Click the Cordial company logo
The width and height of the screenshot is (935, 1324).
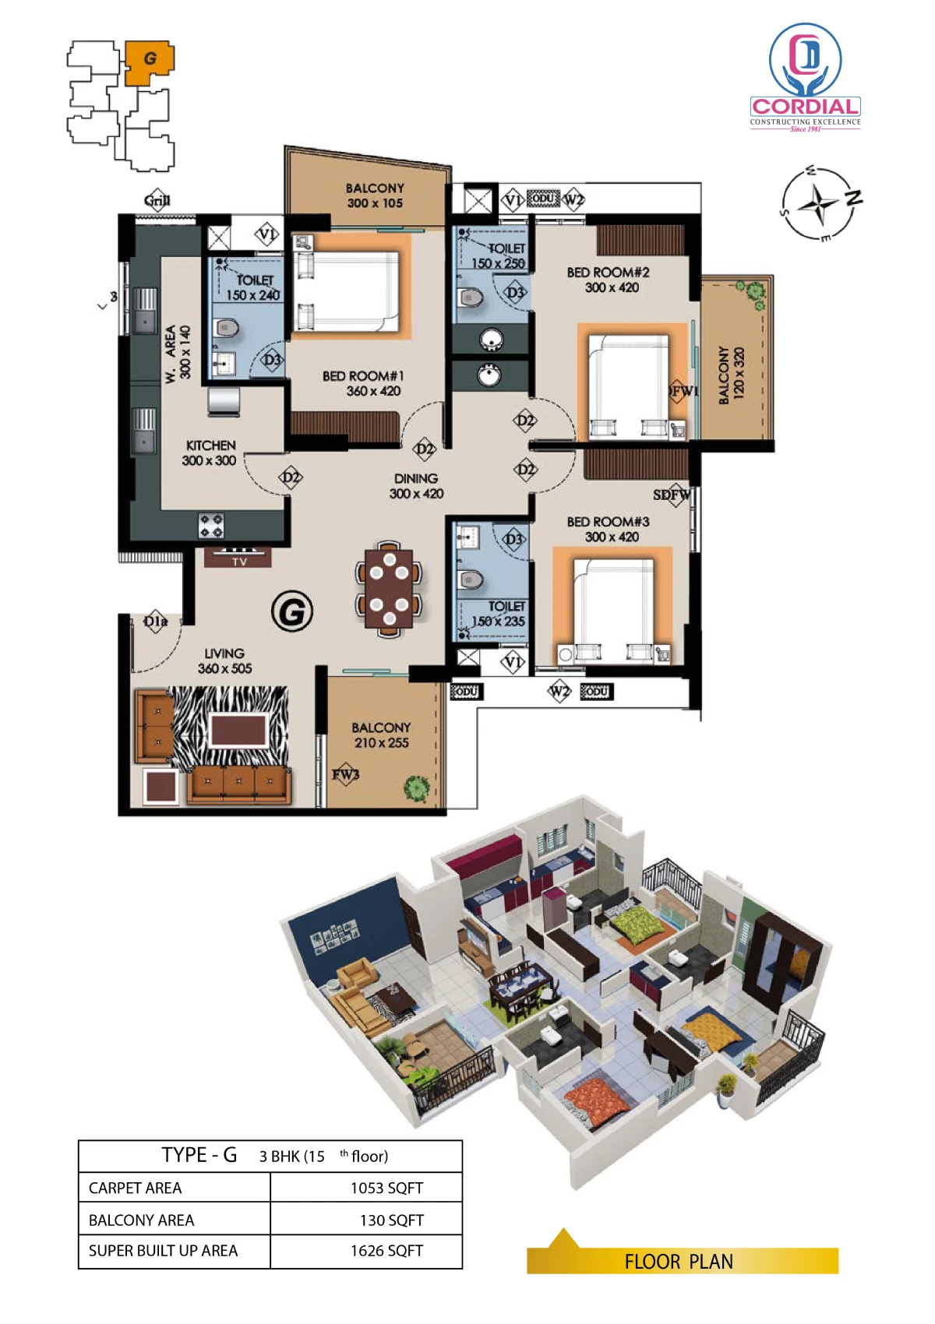click(805, 77)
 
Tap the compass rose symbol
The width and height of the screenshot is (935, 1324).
click(820, 202)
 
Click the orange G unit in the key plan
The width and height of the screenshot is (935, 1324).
click(149, 63)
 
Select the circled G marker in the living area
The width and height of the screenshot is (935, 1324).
click(291, 611)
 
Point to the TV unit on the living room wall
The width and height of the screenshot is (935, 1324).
click(238, 556)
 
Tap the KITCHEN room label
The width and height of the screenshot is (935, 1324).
click(210, 445)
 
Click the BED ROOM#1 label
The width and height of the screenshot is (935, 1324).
click(363, 376)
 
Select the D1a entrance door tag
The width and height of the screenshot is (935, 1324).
click(156, 622)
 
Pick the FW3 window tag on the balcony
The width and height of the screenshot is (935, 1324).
click(345, 773)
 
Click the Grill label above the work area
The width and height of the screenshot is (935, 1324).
click(157, 200)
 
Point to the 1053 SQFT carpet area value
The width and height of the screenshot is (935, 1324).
click(386, 1188)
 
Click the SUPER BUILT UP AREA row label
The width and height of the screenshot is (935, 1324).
click(163, 1251)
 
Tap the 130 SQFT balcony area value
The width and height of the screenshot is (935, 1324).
click(391, 1220)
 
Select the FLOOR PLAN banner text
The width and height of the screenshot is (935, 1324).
click(679, 1262)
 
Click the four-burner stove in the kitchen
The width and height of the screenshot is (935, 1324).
click(211, 526)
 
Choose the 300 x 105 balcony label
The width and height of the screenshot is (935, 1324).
click(375, 202)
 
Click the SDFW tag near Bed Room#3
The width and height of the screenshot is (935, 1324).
click(672, 495)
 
